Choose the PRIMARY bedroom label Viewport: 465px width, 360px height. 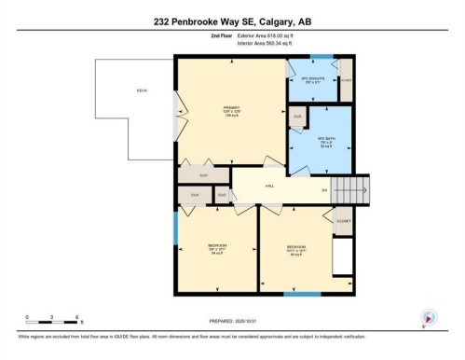pyautogui.click(x=230, y=109)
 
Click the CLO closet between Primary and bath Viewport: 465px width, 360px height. pyautogui.click(x=297, y=117)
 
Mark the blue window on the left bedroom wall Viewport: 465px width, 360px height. pyautogui.click(x=175, y=225)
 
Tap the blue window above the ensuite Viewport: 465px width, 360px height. pyautogui.click(x=321, y=57)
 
